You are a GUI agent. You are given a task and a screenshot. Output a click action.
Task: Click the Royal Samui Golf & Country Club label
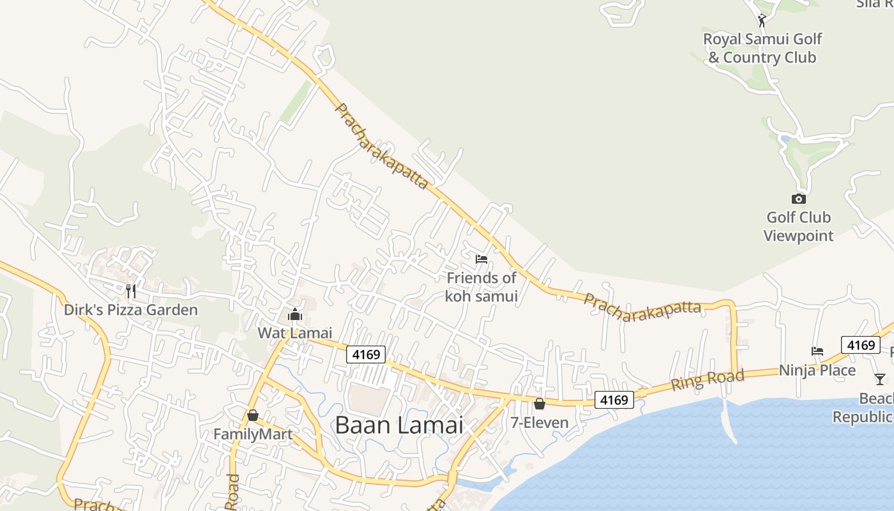(762, 48)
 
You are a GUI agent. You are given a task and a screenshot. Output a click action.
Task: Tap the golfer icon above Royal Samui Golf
(761, 20)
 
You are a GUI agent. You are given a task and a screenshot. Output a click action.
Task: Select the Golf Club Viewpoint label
(798, 227)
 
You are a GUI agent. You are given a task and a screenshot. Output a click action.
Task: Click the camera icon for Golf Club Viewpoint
(798, 199)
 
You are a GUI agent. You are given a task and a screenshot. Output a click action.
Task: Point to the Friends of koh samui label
(481, 287)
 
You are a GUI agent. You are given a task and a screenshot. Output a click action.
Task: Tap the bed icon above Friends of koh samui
(481, 259)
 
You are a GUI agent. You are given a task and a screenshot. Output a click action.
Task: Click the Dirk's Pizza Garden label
(131, 310)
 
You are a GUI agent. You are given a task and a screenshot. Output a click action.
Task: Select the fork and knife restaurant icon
(131, 291)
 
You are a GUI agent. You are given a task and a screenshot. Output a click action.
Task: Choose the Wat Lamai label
(295, 333)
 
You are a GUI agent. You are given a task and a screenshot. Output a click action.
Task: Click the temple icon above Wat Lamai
(295, 314)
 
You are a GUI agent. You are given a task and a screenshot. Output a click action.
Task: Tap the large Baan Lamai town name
(398, 425)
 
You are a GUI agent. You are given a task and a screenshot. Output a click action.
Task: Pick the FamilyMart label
(253, 434)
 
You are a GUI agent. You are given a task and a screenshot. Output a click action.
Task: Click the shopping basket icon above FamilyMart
(253, 416)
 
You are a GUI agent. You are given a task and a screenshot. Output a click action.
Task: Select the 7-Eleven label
(540, 422)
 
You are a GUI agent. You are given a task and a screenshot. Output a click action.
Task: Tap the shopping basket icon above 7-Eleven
(540, 404)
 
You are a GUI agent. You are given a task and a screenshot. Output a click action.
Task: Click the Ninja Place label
(817, 370)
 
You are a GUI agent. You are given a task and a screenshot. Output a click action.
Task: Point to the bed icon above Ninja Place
(817, 351)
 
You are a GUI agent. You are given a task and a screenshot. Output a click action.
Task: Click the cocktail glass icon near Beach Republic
(880, 379)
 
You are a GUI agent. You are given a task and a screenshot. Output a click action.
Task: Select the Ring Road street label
(707, 380)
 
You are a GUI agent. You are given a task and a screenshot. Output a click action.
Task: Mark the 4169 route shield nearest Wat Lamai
(366, 355)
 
